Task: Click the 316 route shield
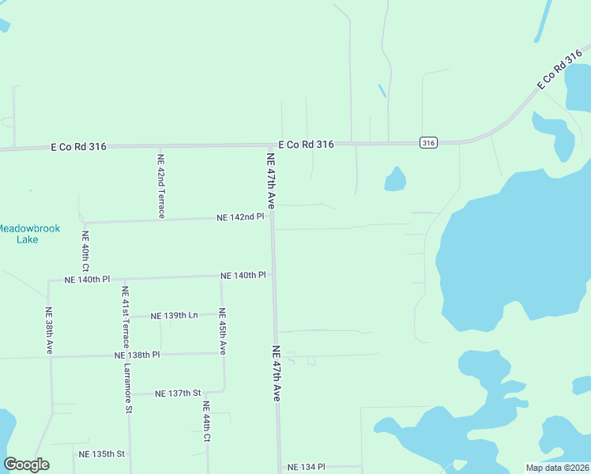pos(427,142)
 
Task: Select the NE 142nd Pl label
pos(240,217)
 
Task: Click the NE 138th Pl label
pos(137,355)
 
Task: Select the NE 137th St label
pos(179,393)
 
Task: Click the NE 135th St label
pos(102,453)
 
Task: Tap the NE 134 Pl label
pos(307,467)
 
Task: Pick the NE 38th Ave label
pos(49,330)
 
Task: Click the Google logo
pos(27,465)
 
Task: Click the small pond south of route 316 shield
pos(395,179)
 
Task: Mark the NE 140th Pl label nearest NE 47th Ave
pos(244,275)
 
